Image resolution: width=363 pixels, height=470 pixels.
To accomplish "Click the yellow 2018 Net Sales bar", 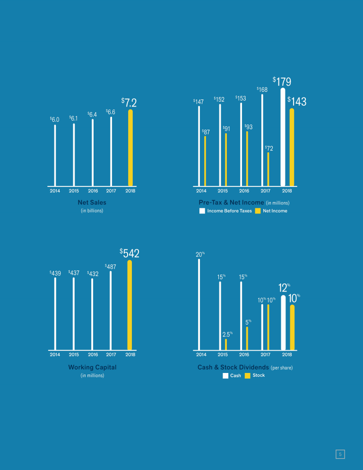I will (130, 148).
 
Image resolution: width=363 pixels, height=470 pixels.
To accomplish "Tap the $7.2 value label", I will (129, 102).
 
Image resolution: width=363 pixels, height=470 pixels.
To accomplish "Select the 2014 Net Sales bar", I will (55, 155).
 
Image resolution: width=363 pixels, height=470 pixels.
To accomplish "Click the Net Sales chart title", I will (92, 203).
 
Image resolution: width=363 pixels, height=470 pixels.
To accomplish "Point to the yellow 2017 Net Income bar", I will (268, 169).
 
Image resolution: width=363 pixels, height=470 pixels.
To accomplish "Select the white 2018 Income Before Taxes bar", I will (283, 137).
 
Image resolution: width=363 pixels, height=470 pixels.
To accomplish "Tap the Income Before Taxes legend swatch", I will (202, 211).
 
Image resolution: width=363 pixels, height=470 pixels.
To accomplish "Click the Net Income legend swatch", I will (258, 211).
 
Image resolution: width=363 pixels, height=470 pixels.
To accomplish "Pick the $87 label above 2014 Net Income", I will (206, 132).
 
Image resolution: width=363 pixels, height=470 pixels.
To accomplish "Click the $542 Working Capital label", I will (129, 253).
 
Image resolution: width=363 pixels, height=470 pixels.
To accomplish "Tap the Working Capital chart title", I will (92, 367).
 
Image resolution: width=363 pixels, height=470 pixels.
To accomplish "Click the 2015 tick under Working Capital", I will (73, 354).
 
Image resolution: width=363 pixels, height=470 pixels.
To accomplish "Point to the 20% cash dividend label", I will (200, 255).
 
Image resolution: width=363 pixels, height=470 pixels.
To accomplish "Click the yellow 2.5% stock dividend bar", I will (226, 344).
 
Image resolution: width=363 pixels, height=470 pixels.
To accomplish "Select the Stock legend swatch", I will (247, 376).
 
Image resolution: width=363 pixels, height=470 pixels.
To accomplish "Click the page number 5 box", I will (339, 454).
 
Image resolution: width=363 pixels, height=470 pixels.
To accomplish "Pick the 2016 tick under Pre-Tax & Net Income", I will (244, 191).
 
